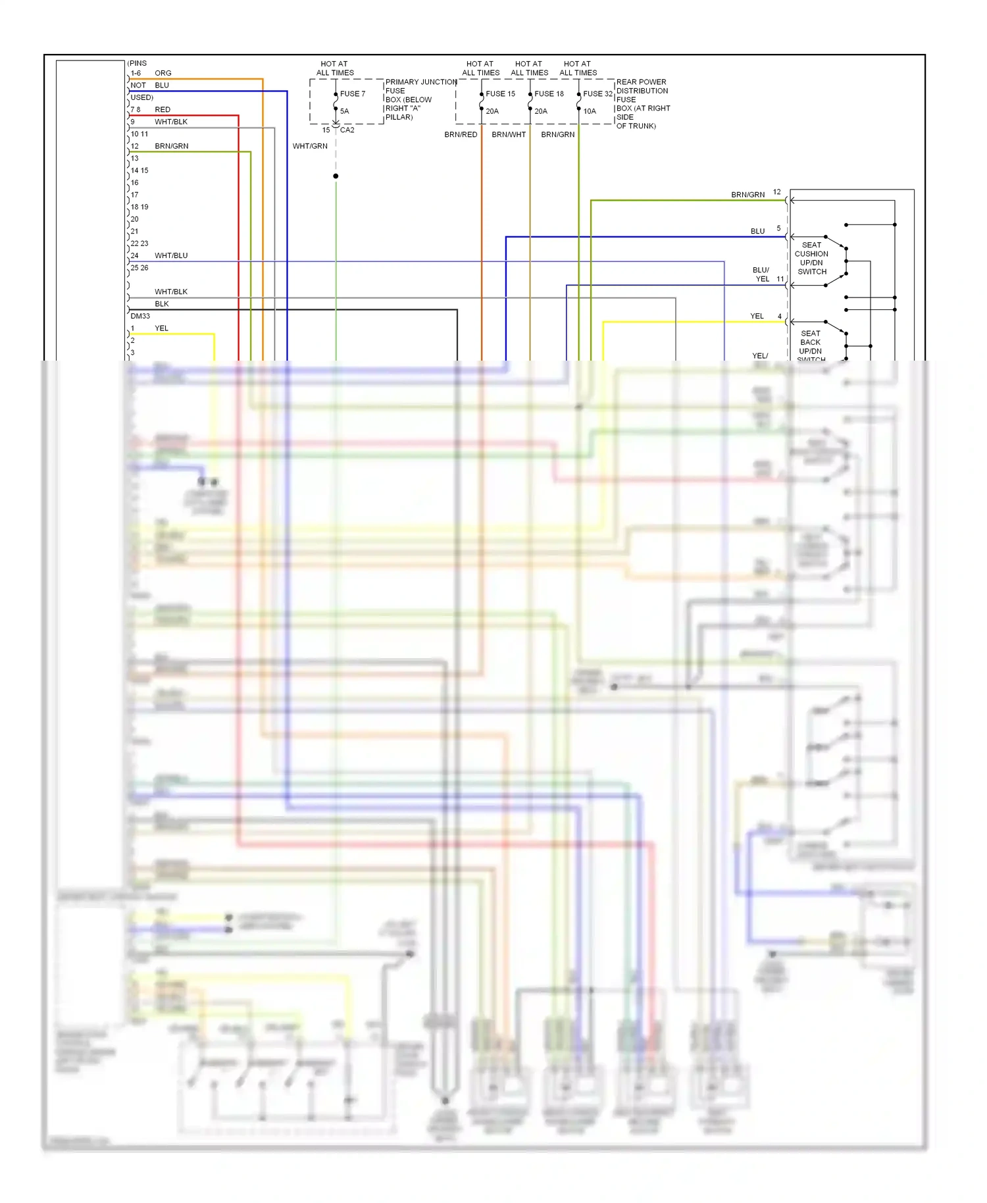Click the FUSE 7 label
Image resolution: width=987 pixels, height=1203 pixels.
352,94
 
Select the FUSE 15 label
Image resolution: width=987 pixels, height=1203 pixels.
500,94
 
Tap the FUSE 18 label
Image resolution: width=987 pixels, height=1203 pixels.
549,94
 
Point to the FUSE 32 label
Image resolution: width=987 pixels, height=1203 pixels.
597,94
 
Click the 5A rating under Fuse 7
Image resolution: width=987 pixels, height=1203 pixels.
344,111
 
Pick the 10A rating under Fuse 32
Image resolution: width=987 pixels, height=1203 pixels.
590,111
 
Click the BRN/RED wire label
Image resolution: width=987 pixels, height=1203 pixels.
461,135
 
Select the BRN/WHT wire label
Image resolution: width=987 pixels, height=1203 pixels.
509,135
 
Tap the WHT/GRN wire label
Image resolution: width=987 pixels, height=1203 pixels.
310,146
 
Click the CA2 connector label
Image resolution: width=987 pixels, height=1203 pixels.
347,130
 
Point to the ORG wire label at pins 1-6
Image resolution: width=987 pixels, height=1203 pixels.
163,73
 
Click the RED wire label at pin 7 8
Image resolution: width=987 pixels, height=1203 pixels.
162,110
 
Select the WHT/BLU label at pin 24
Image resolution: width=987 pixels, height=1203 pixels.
171,256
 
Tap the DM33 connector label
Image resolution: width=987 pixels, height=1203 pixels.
140,317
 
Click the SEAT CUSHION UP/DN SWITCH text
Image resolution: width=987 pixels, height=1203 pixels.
811,258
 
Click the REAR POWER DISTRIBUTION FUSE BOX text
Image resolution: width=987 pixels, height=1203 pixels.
642,104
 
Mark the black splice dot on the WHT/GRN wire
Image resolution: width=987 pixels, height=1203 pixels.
336,176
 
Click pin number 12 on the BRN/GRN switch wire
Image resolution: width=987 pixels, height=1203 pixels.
776,192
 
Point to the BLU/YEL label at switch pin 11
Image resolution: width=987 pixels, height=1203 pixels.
761,274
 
